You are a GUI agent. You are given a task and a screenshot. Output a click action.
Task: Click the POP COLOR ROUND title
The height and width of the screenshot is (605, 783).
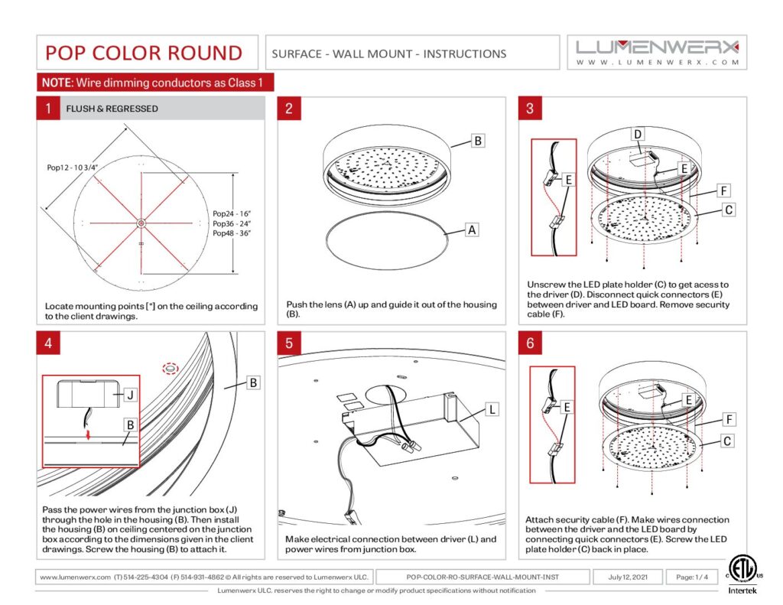(x=144, y=53)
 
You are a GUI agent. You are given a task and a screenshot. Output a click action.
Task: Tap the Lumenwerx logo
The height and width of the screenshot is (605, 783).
(x=658, y=51)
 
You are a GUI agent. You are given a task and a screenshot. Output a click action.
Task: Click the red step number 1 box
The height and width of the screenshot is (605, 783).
(x=47, y=109)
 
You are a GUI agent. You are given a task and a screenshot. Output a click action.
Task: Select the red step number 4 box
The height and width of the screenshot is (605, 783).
(x=47, y=343)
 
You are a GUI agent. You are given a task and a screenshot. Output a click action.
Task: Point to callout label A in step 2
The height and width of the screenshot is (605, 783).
(x=472, y=229)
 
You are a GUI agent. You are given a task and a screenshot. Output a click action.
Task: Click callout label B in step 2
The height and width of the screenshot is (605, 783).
(x=476, y=141)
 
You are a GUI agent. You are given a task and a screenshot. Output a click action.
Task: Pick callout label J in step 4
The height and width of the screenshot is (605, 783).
(x=130, y=395)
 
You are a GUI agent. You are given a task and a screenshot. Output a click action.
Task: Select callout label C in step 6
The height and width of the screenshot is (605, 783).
(x=727, y=441)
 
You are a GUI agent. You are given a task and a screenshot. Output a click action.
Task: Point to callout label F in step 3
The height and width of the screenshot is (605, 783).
(x=723, y=190)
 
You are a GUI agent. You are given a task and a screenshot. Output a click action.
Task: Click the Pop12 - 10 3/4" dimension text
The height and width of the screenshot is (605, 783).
(x=73, y=166)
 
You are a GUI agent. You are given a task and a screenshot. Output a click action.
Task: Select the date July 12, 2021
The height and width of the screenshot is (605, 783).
(x=627, y=577)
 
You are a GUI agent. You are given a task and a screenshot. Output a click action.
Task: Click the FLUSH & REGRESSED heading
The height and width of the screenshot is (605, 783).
(x=112, y=109)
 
